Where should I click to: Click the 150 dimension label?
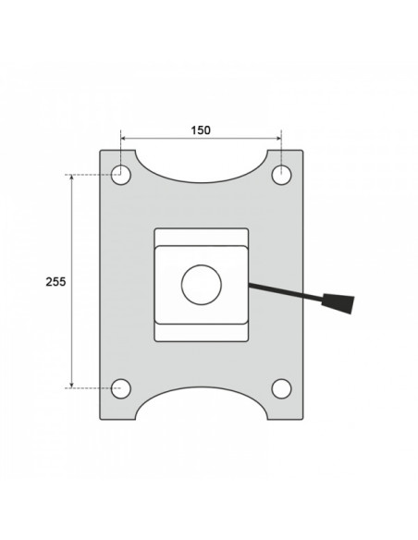pos(201,130)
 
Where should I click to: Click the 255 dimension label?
pos(55,282)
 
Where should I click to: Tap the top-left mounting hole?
pos(121,175)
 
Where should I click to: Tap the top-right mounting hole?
pos(282,175)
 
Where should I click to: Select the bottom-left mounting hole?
pos(121,388)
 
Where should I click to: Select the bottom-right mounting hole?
pos(282,388)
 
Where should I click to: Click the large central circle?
pos(202,285)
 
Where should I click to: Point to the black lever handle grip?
pos(338,303)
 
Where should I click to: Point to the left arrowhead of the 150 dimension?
pos(123,139)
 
